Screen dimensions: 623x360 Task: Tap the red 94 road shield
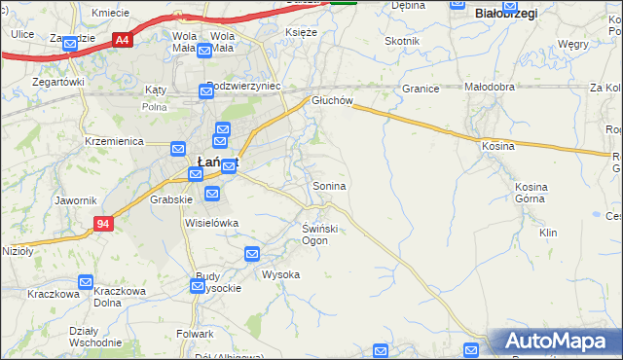click(x=103, y=224)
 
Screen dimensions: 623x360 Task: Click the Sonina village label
click(x=329, y=185)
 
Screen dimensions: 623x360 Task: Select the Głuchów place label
click(x=330, y=100)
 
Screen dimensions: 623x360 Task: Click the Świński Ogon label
click(x=319, y=234)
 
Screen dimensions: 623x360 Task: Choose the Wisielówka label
click(x=211, y=223)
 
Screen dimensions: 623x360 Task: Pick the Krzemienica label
click(x=115, y=141)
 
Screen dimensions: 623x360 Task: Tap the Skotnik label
click(x=402, y=41)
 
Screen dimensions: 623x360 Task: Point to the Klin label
click(x=548, y=234)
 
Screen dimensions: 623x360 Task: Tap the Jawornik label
click(x=76, y=200)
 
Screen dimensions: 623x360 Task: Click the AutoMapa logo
click(x=557, y=342)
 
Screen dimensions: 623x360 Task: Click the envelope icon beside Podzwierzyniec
click(x=205, y=91)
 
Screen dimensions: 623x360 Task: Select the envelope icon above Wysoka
click(x=252, y=255)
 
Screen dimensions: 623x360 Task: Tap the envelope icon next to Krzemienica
click(x=178, y=149)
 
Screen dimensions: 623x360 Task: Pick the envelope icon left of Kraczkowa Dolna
click(x=85, y=283)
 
